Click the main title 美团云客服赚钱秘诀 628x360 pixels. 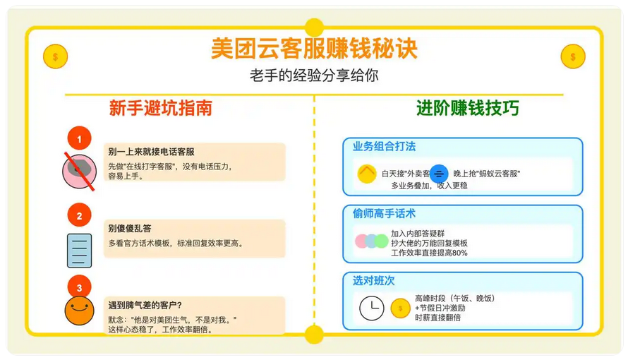[313, 48]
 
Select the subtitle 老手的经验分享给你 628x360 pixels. [313, 75]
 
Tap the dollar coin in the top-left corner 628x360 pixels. [55, 56]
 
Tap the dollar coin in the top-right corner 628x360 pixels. [572, 56]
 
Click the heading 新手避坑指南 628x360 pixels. [160, 108]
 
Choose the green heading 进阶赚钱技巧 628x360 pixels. [467, 108]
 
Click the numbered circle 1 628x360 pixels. [79, 139]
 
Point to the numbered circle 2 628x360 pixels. [79, 216]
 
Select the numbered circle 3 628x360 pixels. [79, 287]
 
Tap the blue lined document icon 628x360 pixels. [79, 250]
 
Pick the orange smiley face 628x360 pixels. [79, 310]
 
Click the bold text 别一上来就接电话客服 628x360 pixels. [151, 152]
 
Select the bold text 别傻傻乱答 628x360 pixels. [129, 229]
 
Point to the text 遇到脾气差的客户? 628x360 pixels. [145, 306]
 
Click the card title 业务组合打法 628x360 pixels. [384, 147]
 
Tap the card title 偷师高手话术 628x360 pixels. [384, 213]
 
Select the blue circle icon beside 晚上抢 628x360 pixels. [439, 173]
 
